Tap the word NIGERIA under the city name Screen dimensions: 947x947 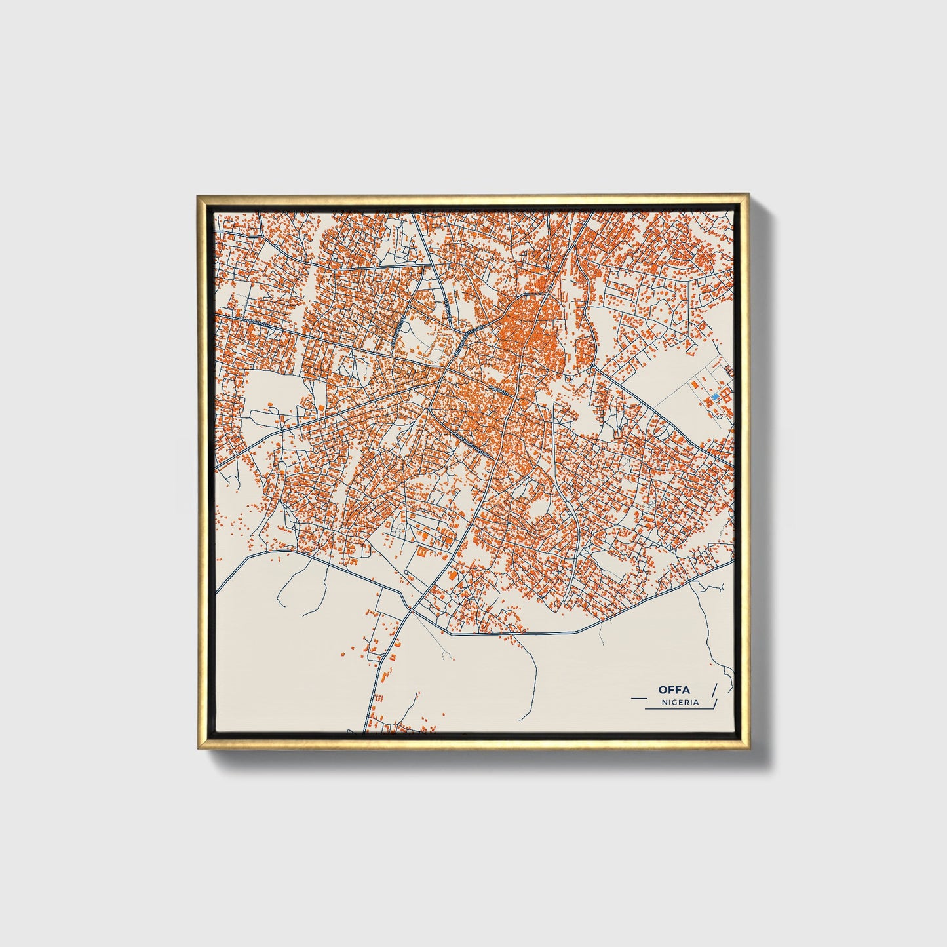680,703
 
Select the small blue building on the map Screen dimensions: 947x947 716,396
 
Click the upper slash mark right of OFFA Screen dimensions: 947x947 714,690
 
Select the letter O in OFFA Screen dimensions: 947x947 663,690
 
